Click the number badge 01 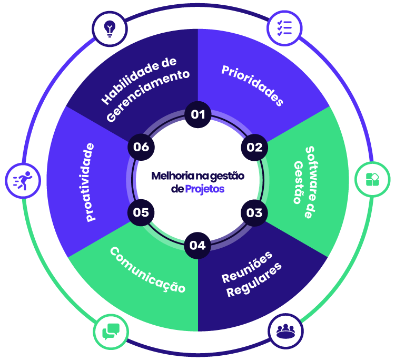tap(198, 114)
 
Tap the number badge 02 tap(254, 147)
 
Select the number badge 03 tap(254, 212)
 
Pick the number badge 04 tap(198, 245)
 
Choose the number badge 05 tap(141, 212)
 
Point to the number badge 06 tap(141, 147)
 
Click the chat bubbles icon tap(111, 331)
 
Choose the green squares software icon tap(372, 179)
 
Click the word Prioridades tap(252, 85)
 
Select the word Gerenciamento tap(148, 95)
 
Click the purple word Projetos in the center tap(205, 188)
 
